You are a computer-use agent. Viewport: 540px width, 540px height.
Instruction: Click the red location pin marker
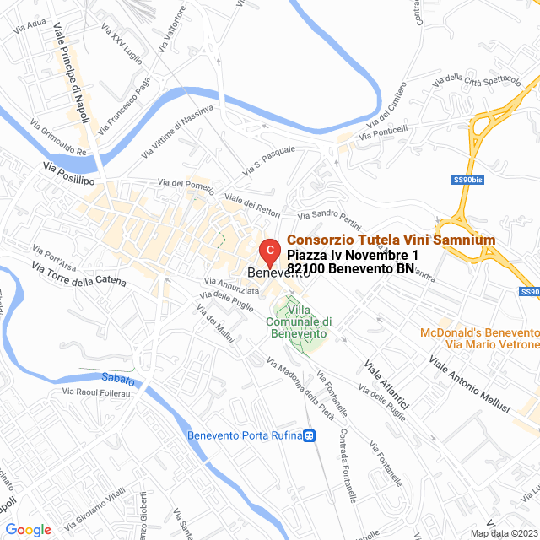(268, 251)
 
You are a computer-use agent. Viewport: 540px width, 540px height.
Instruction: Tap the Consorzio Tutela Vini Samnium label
(391, 240)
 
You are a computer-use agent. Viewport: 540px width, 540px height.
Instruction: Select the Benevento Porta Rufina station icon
(310, 436)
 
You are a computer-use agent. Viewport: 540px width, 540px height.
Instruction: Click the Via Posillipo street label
(70, 175)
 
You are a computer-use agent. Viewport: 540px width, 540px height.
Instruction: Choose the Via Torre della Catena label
(78, 274)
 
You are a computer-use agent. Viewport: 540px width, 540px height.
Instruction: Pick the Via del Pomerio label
(186, 183)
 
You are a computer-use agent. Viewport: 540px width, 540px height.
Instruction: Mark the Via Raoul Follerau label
(98, 392)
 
